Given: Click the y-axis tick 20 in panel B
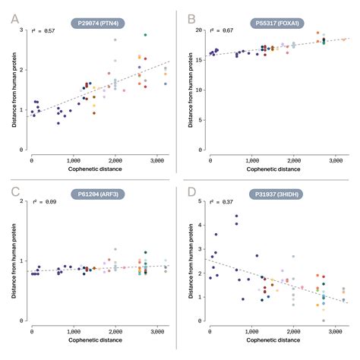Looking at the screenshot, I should point(199,30).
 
